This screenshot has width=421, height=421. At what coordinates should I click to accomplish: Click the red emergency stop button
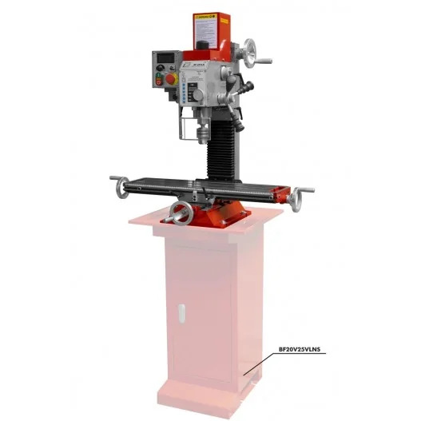pyautogui.click(x=166, y=80)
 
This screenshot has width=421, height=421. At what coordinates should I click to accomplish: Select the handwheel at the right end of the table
pyautogui.click(x=302, y=195)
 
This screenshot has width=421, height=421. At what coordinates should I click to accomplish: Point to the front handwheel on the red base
pyautogui.click(x=184, y=213)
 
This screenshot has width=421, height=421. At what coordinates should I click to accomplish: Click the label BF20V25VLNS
pyautogui.click(x=298, y=349)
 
